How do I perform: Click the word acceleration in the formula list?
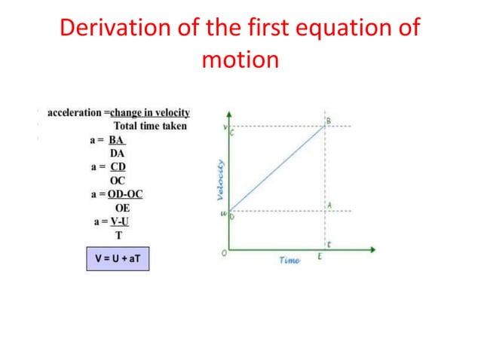pyautogui.click(x=74, y=113)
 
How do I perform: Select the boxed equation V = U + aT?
pyautogui.click(x=118, y=258)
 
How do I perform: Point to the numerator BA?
pyautogui.click(x=117, y=139)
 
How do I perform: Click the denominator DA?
pyautogui.click(x=118, y=153)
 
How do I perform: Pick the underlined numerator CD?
pyautogui.click(x=118, y=166)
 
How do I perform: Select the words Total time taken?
pyautogui.click(x=150, y=126)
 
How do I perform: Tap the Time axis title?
pyautogui.click(x=289, y=261)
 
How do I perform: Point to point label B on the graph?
pyautogui.click(x=327, y=121)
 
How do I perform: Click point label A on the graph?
pyautogui.click(x=329, y=205)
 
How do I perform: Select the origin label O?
pyautogui.click(x=224, y=254)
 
